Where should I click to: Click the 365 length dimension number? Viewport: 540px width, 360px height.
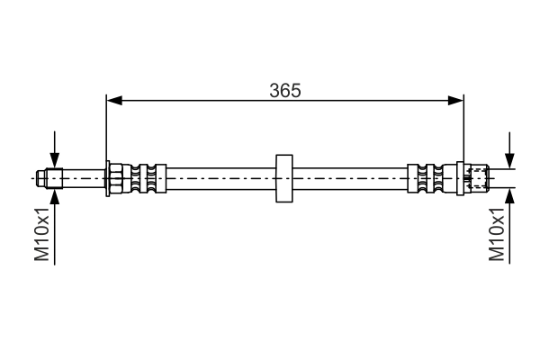pyautogui.click(x=284, y=90)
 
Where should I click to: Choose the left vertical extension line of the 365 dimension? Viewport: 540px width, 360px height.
pyautogui.click(x=107, y=126)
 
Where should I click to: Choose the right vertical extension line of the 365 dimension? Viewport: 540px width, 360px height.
pyautogui.click(x=463, y=126)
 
